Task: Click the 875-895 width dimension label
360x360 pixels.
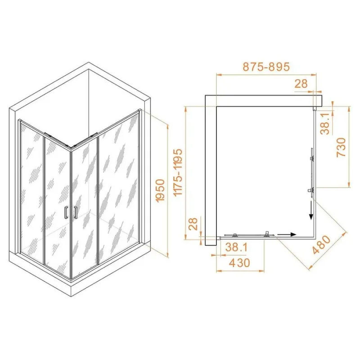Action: (266, 67)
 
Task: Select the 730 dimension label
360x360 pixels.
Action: (341, 148)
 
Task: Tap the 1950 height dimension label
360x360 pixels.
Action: (160, 191)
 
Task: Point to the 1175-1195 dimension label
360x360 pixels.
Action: (178, 172)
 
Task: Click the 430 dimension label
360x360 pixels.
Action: (239, 263)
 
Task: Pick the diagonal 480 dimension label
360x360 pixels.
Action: (322, 245)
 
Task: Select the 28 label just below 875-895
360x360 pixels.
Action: (301, 84)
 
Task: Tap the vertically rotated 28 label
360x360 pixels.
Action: (193, 224)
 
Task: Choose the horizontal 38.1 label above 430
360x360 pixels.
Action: (236, 247)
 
